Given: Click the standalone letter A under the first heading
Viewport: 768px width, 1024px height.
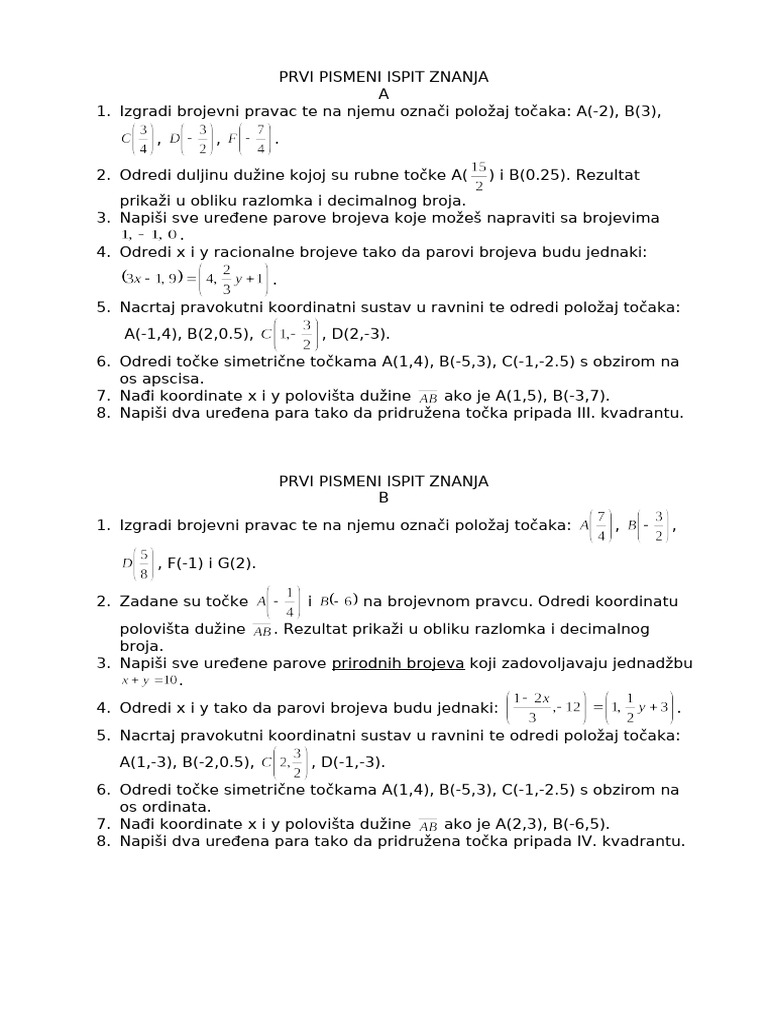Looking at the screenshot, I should tap(383, 94).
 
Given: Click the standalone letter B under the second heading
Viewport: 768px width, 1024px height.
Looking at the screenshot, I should tap(383, 497).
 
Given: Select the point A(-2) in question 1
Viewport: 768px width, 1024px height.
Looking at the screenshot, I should tap(598, 112).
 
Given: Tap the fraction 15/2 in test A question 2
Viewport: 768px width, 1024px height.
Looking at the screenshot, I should tap(479, 175).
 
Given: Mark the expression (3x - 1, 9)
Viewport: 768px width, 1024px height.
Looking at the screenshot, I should tap(157, 276).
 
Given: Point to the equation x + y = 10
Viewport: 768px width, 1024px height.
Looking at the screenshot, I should tap(150, 680).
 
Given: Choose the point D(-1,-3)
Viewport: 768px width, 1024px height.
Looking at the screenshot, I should tap(351, 762).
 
